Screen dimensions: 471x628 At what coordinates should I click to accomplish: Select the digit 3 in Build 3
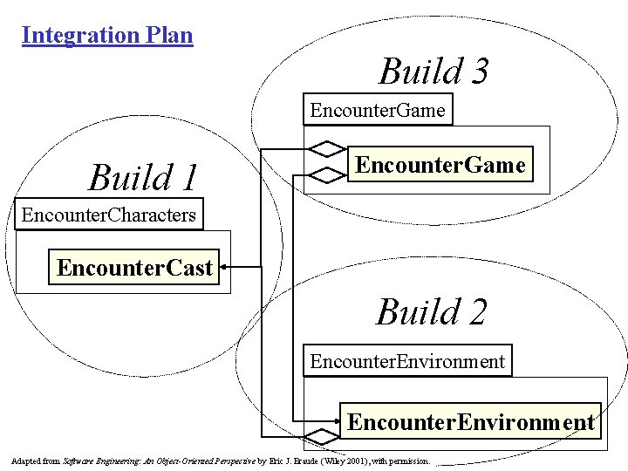[476, 72]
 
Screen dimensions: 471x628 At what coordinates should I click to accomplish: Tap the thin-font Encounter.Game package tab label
[378, 110]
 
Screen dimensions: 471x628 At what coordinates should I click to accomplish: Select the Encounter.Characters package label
[108, 214]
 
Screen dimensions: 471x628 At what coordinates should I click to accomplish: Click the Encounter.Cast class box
[135, 267]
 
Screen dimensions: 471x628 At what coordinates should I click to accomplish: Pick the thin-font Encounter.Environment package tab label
[407, 360]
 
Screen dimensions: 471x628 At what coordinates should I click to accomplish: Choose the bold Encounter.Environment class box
[471, 422]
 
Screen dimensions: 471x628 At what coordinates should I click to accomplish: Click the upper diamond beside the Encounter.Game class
[327, 147]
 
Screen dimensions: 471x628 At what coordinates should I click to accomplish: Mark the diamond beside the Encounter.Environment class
[320, 435]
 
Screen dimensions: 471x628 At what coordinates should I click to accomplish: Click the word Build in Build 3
[412, 72]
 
